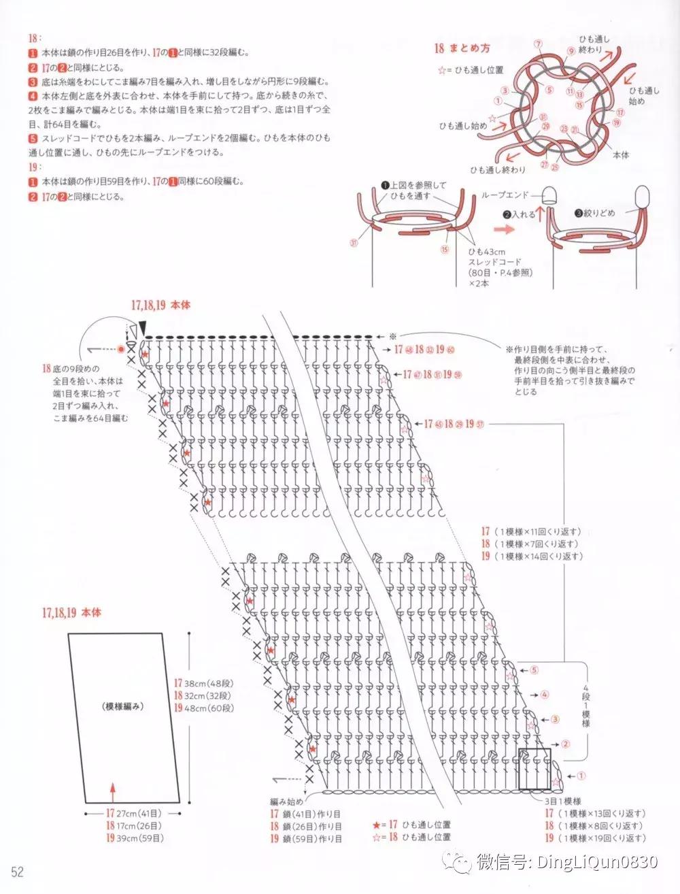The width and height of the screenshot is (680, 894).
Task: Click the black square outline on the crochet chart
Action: pyautogui.click(x=534, y=768)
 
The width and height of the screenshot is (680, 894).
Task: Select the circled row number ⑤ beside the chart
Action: pyautogui.click(x=534, y=669)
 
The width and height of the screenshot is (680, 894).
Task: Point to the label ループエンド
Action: pyautogui.click(x=503, y=195)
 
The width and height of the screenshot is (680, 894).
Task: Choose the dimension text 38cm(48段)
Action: pyautogui.click(x=202, y=682)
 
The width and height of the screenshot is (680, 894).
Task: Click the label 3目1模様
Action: pyautogui.click(x=562, y=801)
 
